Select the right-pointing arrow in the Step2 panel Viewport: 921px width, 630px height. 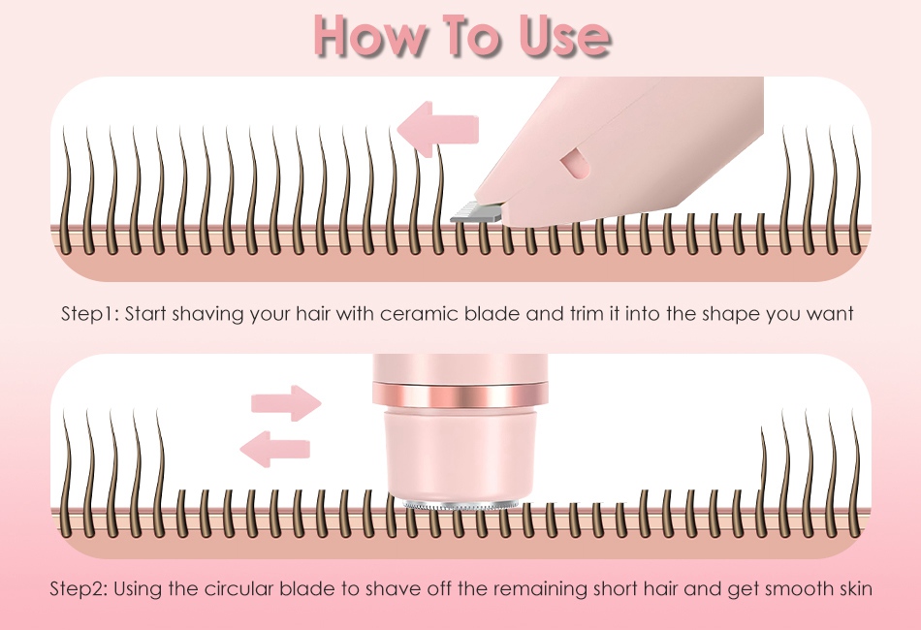[287, 403]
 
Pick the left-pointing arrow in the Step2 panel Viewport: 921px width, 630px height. [275, 449]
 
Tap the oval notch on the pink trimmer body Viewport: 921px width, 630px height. [574, 163]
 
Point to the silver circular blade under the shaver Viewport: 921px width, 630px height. [460, 505]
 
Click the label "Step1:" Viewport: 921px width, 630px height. [90, 314]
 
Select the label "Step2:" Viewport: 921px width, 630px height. [79, 588]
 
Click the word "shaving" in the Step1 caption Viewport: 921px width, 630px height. [207, 315]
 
